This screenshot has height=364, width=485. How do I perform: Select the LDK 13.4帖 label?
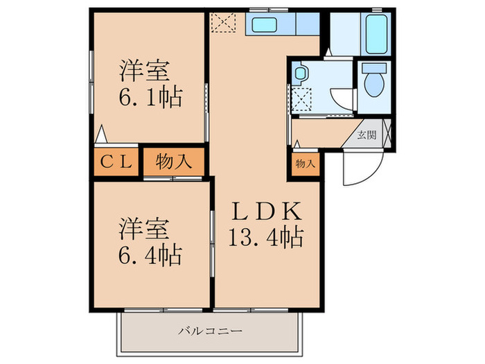266,223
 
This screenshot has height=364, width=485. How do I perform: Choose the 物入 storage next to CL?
173,162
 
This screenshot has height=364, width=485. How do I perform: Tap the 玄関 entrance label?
367,135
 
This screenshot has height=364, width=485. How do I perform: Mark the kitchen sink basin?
264,25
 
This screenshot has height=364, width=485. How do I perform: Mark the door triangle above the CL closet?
102,132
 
